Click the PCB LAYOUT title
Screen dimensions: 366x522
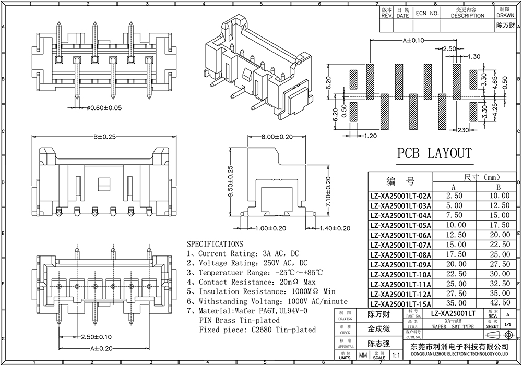click(x=434, y=153)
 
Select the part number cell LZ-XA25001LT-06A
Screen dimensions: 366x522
click(x=400, y=235)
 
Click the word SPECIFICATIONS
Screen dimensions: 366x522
click(x=215, y=243)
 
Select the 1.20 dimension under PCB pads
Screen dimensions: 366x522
click(x=370, y=136)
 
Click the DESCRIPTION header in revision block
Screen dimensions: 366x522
click(x=468, y=16)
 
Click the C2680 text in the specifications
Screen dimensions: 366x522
click(x=262, y=330)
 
